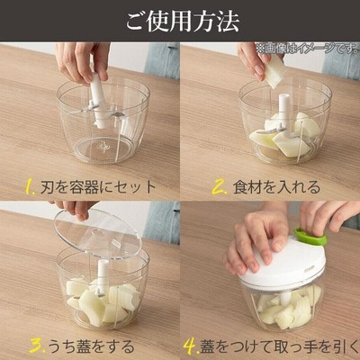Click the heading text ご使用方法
point(183,21)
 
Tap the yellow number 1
point(31,187)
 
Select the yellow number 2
point(220,187)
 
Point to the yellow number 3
point(38,346)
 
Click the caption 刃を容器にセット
point(98,187)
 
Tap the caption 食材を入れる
point(276,187)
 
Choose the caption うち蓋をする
point(92,346)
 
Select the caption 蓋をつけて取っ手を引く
point(278,346)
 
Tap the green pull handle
point(310,237)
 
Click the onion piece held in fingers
point(274,71)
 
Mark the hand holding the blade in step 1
point(81,61)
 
